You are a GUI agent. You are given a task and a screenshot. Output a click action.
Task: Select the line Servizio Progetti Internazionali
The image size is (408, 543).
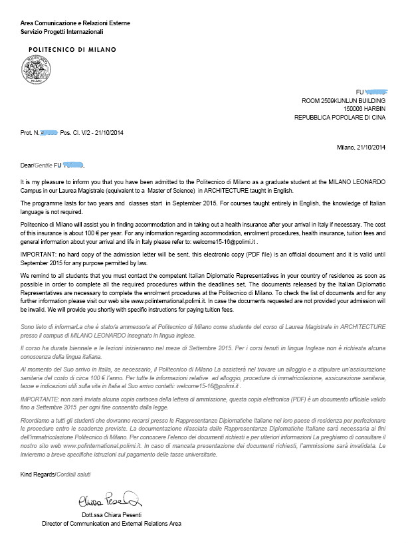click(62, 31)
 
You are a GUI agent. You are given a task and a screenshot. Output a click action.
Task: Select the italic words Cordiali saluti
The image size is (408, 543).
click(74, 475)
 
